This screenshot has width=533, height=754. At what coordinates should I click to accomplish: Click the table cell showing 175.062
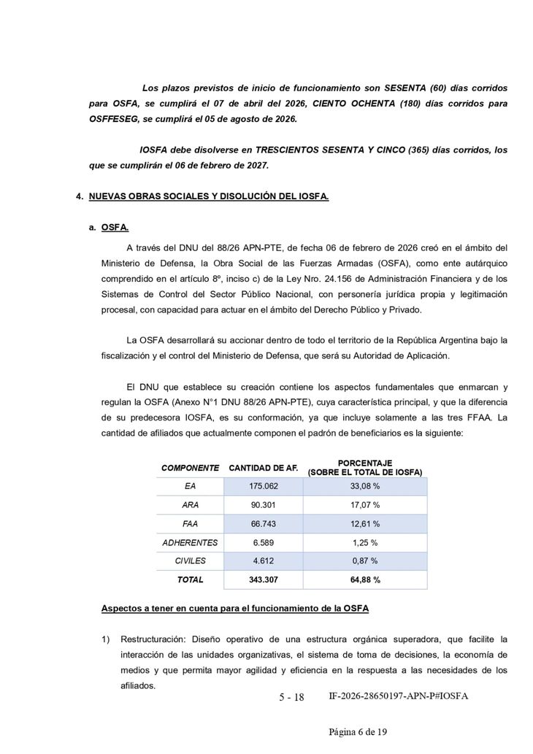(264, 486)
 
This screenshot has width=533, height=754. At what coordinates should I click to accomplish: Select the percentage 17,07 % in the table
(365, 505)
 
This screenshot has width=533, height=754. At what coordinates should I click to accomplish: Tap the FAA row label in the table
(190, 524)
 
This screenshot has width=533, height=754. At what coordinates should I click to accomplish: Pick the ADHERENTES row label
(190, 542)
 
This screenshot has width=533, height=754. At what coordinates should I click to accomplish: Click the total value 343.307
(264, 580)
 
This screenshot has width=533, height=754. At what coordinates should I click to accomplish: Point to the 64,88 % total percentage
(365, 580)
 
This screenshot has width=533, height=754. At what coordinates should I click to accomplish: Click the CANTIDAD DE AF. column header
(264, 468)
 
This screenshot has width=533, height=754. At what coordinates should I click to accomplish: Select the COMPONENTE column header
(190, 468)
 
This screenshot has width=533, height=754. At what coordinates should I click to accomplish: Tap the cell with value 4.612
(264, 561)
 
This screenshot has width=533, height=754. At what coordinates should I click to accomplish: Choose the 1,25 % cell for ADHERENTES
(365, 542)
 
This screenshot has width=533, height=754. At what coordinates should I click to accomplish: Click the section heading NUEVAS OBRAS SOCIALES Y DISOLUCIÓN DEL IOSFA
(209, 197)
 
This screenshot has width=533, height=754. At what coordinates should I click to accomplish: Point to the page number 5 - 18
(291, 697)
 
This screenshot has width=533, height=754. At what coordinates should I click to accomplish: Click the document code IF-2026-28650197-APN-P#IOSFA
(399, 696)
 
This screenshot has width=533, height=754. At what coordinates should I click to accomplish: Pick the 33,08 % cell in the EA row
(365, 486)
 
